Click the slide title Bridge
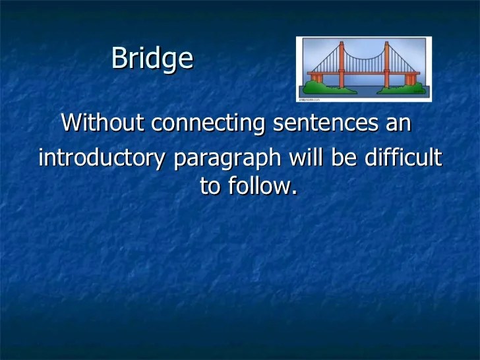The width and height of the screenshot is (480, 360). point(152,59)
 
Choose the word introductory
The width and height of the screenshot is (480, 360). point(101,160)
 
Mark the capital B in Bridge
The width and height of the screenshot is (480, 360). point(119,58)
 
